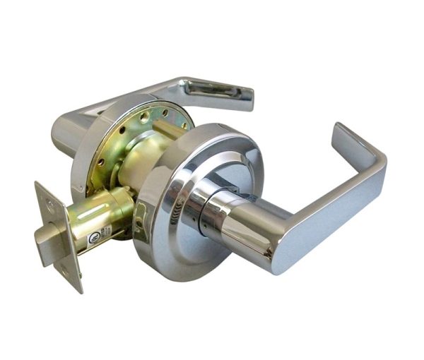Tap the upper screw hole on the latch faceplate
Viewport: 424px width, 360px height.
49,205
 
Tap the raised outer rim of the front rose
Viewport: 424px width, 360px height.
166,233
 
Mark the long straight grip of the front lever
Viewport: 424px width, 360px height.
332,212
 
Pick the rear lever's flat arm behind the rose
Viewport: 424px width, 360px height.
141,88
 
